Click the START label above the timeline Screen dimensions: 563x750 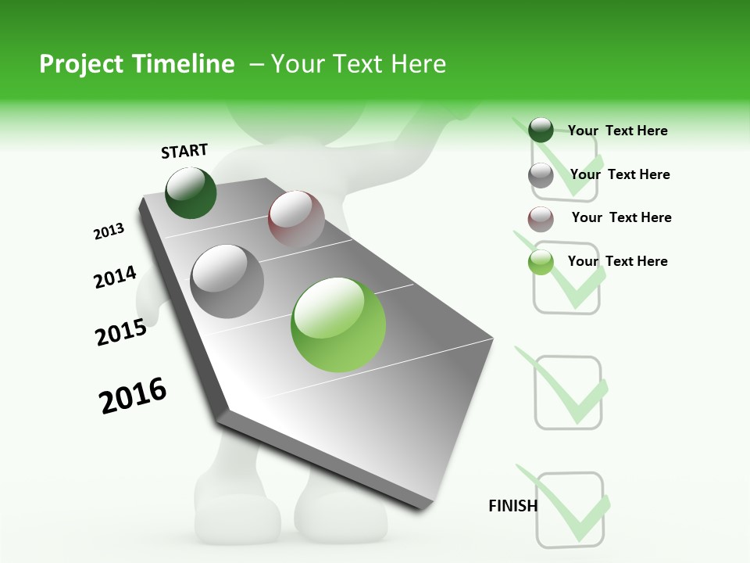(x=184, y=151)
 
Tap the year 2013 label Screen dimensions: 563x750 (x=109, y=231)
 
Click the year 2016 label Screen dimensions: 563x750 (x=133, y=395)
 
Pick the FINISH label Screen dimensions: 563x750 (x=512, y=506)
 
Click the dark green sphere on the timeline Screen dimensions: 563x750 (x=191, y=192)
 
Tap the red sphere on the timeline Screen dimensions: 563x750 (x=296, y=219)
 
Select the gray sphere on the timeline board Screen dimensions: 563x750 (x=227, y=281)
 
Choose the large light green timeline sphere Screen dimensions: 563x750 (x=337, y=325)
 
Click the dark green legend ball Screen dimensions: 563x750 (x=541, y=130)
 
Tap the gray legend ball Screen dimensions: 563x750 (x=541, y=175)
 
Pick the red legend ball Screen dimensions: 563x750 (x=541, y=219)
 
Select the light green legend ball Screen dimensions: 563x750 (x=541, y=263)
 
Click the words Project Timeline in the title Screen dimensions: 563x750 (x=137, y=64)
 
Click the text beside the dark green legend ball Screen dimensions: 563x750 (x=617, y=131)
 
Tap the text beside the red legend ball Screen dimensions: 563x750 (x=621, y=217)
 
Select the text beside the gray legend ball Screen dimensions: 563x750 (x=620, y=174)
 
